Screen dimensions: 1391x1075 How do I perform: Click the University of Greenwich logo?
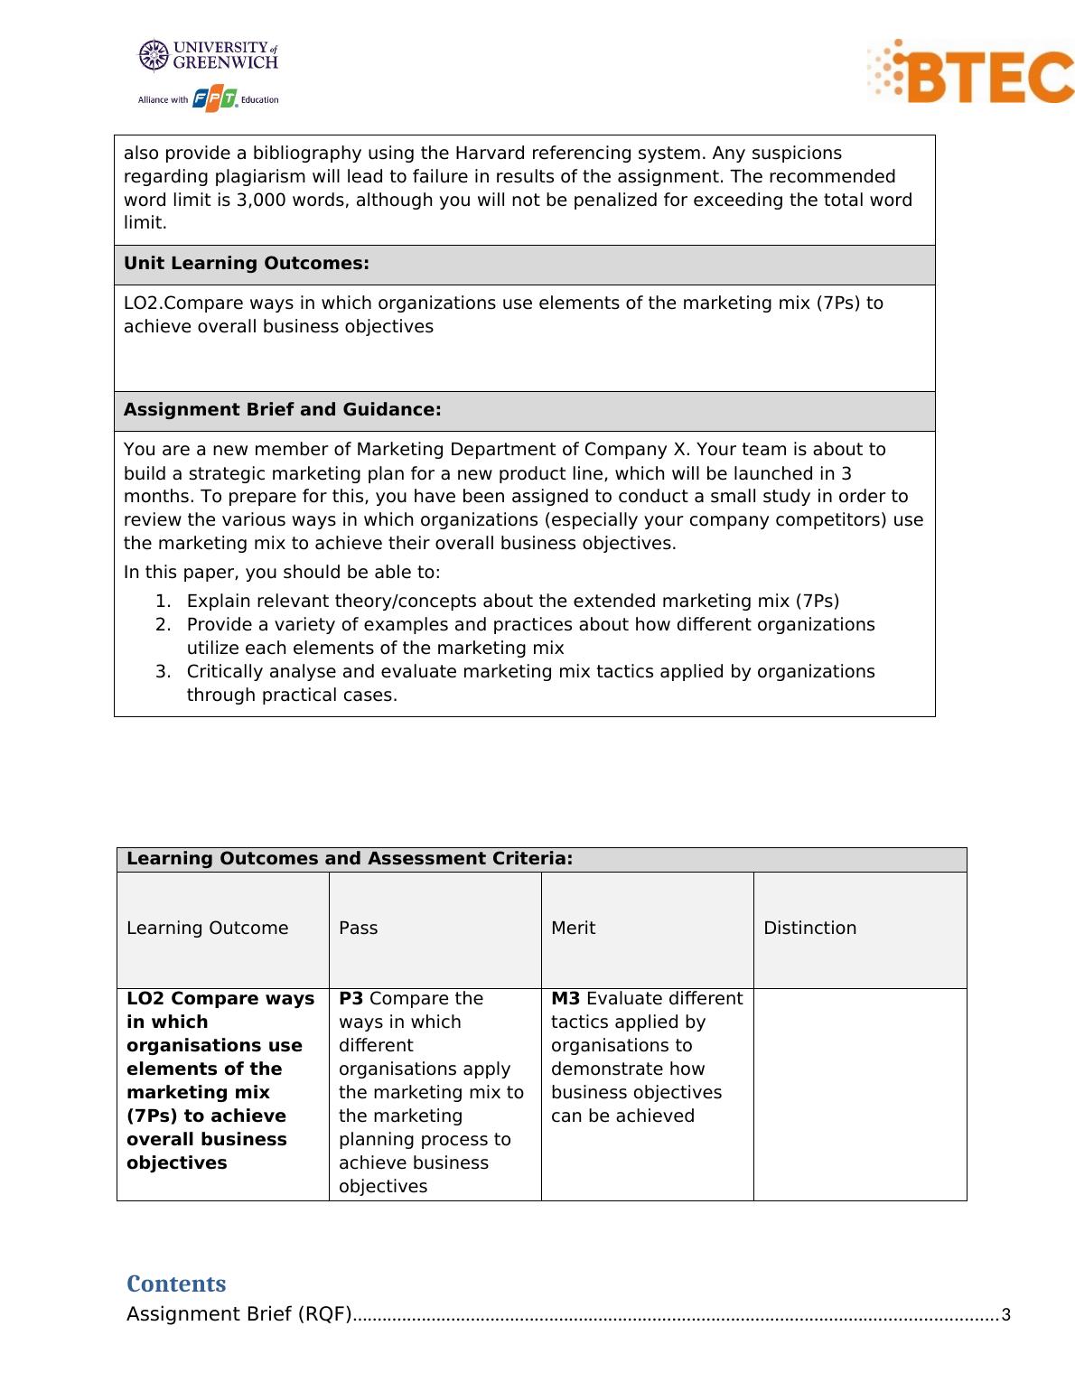tap(208, 55)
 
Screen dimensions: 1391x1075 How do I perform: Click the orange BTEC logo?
tap(971, 71)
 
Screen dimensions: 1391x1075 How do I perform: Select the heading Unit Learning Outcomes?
tap(246, 264)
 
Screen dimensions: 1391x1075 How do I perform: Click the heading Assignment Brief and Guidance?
tap(282, 410)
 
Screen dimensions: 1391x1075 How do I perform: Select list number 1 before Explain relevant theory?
tap(163, 602)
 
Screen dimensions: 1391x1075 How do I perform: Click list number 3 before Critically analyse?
tap(163, 672)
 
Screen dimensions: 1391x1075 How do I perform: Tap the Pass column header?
tap(358, 929)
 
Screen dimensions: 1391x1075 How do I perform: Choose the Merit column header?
tap(573, 929)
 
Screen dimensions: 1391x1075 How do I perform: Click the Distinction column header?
tap(809, 929)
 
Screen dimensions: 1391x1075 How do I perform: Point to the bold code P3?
tap(351, 999)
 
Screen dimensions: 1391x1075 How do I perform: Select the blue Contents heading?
tap(176, 1284)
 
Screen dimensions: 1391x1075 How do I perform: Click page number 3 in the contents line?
tap(1005, 1315)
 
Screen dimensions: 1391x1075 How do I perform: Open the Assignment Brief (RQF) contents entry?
tap(238, 1314)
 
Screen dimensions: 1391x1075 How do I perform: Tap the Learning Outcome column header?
tap(207, 929)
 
